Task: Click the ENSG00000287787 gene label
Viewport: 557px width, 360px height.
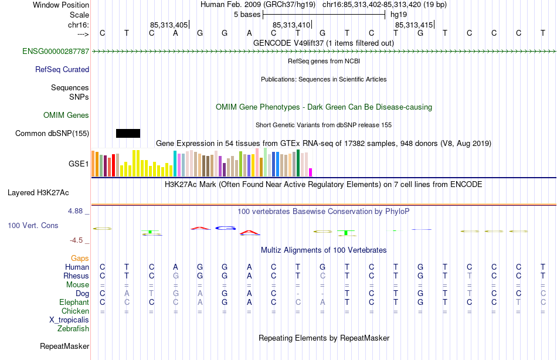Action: pos(56,52)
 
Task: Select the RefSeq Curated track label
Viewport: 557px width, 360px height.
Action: pos(62,69)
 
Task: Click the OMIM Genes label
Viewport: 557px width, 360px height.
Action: pos(66,116)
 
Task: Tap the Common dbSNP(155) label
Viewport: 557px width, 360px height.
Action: pos(52,134)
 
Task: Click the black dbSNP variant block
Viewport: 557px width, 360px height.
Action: pos(128,133)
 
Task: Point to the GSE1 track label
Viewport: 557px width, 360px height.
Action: pos(79,164)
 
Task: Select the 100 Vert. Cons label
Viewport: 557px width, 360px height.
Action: pos(33,225)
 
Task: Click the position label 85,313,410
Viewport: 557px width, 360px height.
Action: pos(291,25)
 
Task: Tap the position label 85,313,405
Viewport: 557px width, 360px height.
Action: pos(169,25)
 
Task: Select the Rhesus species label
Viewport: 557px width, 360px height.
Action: pos(76,276)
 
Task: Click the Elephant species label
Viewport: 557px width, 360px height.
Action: pos(74,302)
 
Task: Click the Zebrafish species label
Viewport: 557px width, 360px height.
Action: pos(73,328)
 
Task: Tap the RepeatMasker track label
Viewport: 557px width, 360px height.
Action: pos(64,346)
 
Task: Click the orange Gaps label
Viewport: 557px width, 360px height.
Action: pos(80,258)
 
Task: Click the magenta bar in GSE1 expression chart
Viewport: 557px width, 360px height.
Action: pos(311,172)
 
